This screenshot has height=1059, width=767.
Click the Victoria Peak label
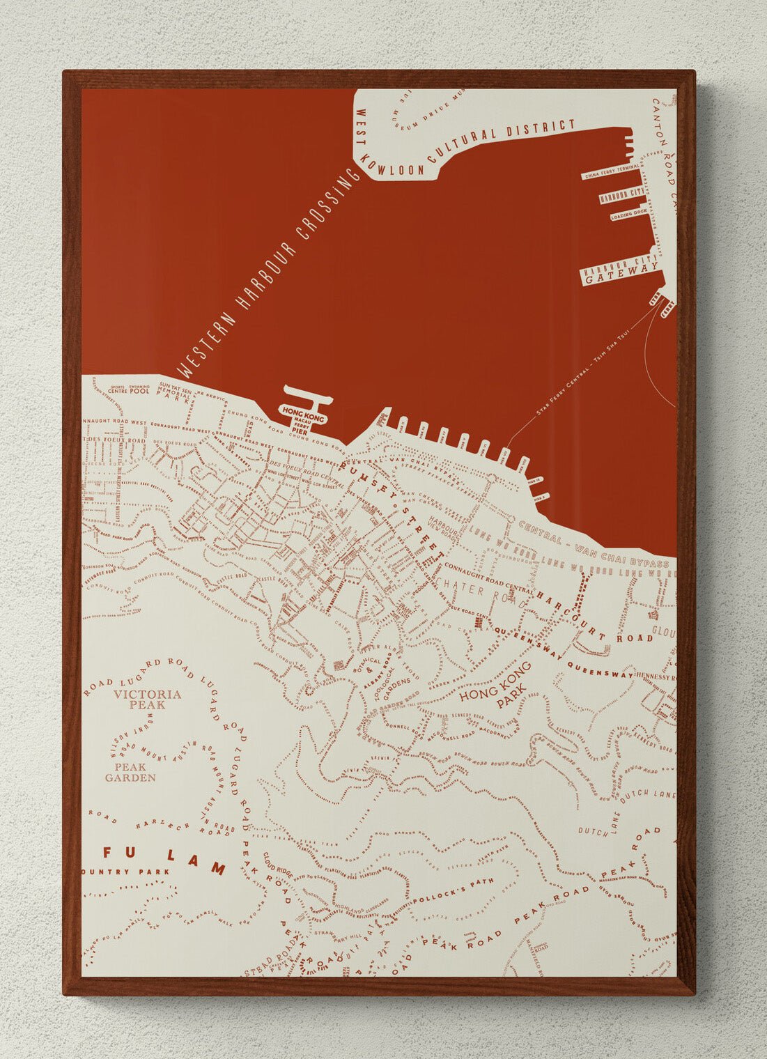pyautogui.click(x=147, y=699)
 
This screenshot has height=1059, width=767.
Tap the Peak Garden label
pyautogui.click(x=130, y=773)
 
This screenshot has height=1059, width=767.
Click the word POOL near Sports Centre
pyautogui.click(x=140, y=391)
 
